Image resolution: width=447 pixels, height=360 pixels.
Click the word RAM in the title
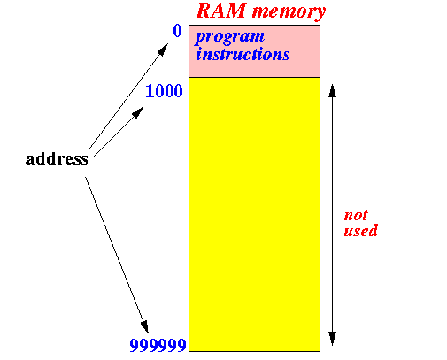point(221,11)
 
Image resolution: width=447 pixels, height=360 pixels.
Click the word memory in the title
point(289,12)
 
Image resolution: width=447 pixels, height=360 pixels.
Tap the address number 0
point(177,31)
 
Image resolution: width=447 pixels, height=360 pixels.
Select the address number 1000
point(164,91)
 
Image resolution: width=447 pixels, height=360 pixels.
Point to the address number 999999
point(158,345)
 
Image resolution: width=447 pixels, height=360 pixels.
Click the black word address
point(57,158)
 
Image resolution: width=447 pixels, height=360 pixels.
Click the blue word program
point(229,38)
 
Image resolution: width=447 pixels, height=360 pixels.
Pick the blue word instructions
point(243,54)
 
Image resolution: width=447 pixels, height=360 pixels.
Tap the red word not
point(356,216)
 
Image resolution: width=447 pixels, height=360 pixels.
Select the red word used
point(360,230)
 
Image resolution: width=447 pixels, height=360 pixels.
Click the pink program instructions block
point(254,51)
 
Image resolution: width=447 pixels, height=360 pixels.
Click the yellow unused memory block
point(254,214)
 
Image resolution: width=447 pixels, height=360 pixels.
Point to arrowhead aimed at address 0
point(163,50)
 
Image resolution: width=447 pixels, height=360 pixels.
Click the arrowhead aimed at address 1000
point(137,112)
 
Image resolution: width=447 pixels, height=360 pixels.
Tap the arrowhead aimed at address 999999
point(144,326)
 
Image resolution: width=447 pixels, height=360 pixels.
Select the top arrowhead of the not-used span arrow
point(332,91)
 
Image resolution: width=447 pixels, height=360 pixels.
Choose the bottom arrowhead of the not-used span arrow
point(332,339)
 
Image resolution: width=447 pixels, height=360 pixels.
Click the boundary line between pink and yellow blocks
point(254,77)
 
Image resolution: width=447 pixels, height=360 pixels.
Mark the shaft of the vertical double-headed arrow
point(332,215)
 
